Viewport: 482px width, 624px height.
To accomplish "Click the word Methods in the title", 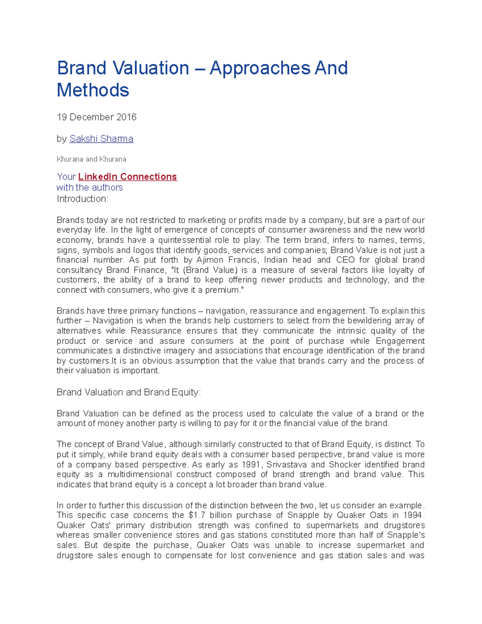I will coord(93,90).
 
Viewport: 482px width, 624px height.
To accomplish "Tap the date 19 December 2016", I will coord(96,117).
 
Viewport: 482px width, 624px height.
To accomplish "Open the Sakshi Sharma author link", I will coord(101,139).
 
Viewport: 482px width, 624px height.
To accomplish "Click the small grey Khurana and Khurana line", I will coord(91,159).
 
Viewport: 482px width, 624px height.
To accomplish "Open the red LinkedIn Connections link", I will coord(127,177).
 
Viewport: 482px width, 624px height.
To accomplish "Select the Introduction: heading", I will coord(82,199).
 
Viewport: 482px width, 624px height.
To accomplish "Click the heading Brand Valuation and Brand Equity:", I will coord(129,392).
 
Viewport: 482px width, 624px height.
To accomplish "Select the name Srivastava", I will coord(286,464).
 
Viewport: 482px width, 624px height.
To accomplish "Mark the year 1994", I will coord(413,516).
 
